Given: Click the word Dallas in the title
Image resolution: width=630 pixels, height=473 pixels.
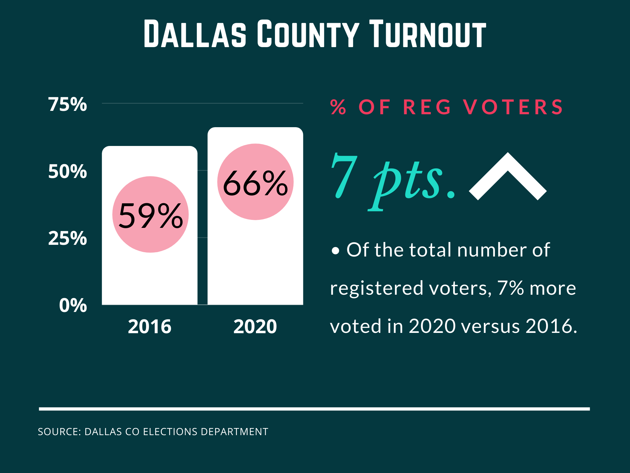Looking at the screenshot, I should pyautogui.click(x=195, y=34).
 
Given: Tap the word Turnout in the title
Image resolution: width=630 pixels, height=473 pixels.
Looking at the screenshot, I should pyautogui.click(x=427, y=34).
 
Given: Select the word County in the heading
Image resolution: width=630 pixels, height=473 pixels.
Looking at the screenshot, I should pyautogui.click(x=308, y=34).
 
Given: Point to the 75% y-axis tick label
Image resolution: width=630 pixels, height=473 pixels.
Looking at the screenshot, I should pyautogui.click(x=68, y=104).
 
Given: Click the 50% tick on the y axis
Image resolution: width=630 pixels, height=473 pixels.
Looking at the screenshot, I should pyautogui.click(x=68, y=172).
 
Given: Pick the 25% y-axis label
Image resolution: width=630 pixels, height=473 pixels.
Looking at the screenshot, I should pyautogui.click(x=68, y=238).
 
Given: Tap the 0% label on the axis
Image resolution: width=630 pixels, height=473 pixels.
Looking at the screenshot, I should pyautogui.click(x=73, y=305).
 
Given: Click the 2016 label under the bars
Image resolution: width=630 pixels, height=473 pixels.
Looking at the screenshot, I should pyautogui.click(x=150, y=326).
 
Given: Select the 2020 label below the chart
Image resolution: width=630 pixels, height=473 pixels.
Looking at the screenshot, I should pyautogui.click(x=255, y=326).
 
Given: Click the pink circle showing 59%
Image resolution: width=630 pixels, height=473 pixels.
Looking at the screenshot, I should pyautogui.click(x=150, y=215).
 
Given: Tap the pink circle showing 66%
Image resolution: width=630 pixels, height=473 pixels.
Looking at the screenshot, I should pyautogui.click(x=255, y=182).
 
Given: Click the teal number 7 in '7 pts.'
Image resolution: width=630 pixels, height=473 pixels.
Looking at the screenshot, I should pyautogui.click(x=344, y=176).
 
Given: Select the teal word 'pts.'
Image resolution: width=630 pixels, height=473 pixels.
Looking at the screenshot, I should pyautogui.click(x=412, y=182).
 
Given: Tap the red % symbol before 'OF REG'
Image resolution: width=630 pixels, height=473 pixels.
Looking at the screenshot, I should pyautogui.click(x=338, y=107).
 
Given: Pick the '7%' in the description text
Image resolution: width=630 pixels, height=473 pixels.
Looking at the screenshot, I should pyautogui.click(x=510, y=288).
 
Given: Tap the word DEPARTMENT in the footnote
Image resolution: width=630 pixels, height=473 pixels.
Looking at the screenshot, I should pyautogui.click(x=234, y=432).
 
